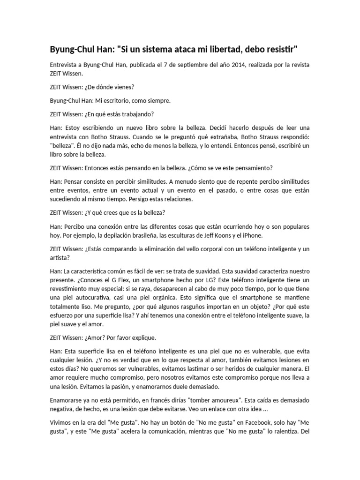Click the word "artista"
pyautogui.click(x=58, y=257)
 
